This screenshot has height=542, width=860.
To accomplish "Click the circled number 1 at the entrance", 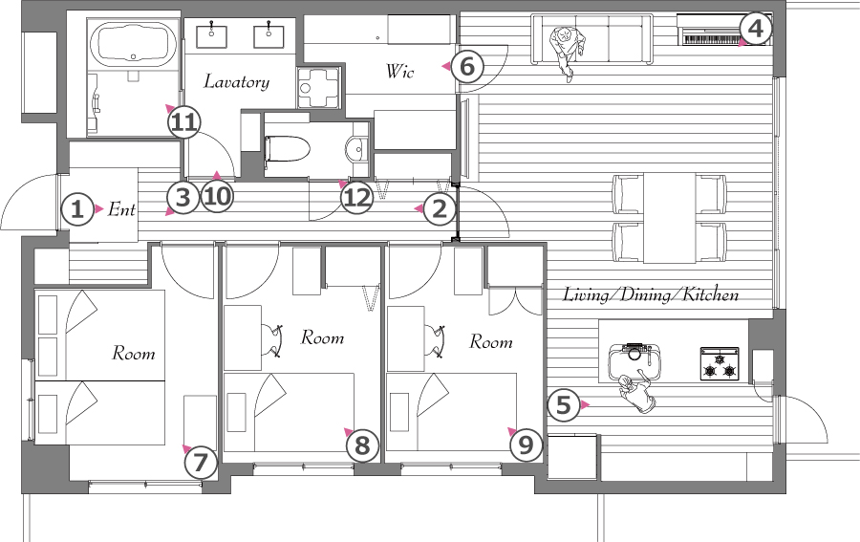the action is pos(77,209).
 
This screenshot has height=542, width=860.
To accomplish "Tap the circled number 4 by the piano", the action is pos(756,28).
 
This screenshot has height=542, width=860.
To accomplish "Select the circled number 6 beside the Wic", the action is pos(466,66).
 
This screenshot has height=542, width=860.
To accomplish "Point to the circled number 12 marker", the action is pos(357,197).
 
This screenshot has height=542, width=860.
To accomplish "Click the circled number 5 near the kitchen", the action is pos(564,405).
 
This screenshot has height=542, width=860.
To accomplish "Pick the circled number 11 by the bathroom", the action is pos(183,121).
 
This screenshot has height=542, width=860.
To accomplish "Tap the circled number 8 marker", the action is pos(362,444).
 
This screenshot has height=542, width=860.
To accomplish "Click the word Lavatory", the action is pos(237,82).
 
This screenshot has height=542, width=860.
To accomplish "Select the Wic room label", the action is pos(399,71).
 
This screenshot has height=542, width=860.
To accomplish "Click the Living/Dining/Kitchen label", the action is pos(651,294).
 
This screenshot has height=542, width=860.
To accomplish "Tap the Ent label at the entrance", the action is pos(121,209).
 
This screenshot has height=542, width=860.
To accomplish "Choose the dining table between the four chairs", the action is pos(669,218).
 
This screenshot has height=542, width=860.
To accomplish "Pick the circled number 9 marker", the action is pos(526,444).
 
